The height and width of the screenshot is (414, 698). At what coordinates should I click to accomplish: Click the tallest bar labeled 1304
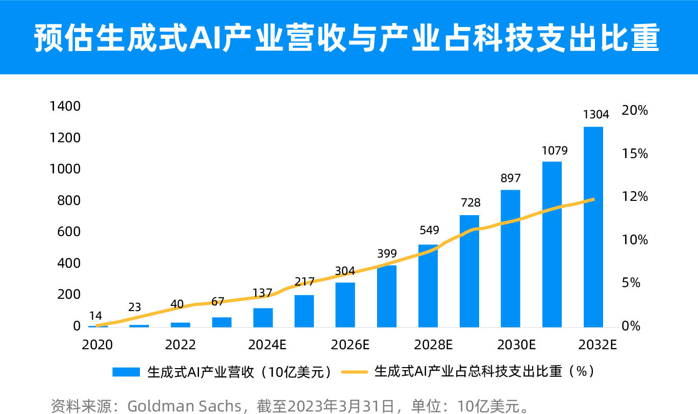coord(593,227)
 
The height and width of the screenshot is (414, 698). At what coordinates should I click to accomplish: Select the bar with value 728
coord(469,271)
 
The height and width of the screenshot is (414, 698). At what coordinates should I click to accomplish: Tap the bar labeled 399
coord(387,296)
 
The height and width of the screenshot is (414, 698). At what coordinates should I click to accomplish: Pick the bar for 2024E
coord(263,317)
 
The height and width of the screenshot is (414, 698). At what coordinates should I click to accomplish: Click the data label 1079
coord(555,151)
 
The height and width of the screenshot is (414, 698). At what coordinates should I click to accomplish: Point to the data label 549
coord(429,230)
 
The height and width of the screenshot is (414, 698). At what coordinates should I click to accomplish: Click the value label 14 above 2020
coord(95,316)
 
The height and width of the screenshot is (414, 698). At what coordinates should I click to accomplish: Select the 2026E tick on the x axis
coord(350,345)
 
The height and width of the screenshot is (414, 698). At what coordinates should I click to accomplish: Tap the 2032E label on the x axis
coord(598,345)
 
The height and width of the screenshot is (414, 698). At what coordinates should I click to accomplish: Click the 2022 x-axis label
coord(180,345)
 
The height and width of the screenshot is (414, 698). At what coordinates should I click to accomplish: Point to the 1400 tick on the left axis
coord(65,107)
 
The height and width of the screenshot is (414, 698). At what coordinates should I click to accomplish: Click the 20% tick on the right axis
coord(635,111)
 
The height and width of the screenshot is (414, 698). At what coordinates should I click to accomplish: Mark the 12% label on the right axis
coord(635,197)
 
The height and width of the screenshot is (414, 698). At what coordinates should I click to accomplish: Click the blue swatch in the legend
coord(126,372)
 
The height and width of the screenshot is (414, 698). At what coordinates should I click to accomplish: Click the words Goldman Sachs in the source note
coord(184,406)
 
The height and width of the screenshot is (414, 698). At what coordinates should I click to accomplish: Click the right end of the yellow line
coord(593,199)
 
